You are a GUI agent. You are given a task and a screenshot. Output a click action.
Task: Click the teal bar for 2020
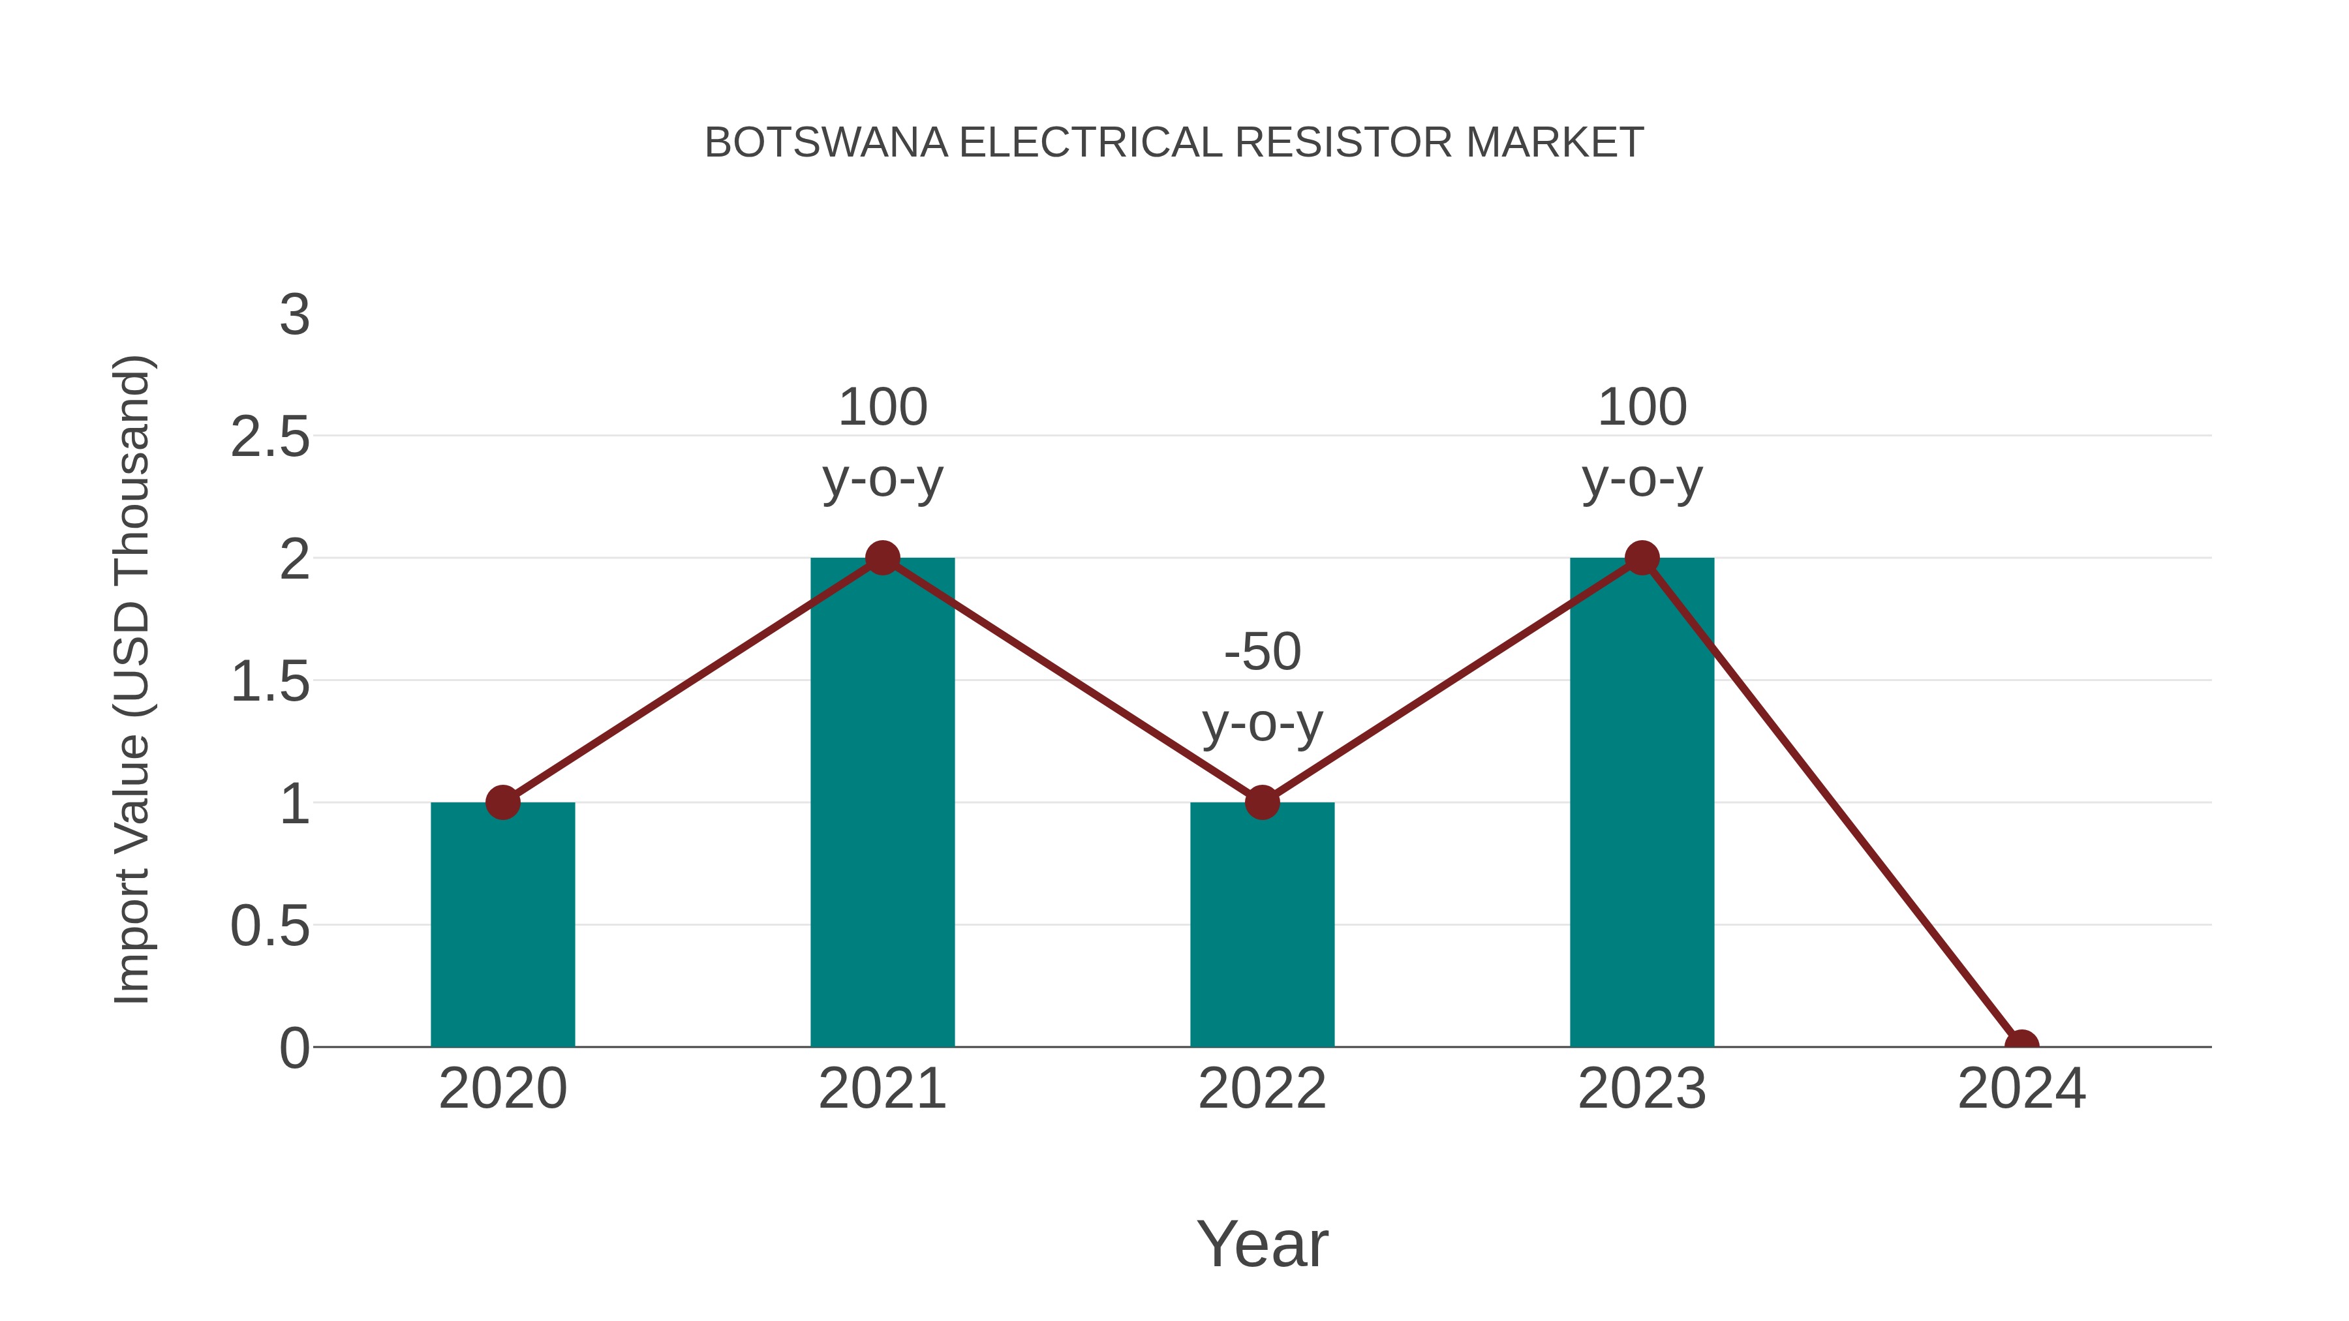coord(502,924)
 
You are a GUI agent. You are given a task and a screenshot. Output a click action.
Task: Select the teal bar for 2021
coord(882,802)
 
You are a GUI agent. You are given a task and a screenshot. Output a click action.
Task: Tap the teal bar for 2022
coord(1262,924)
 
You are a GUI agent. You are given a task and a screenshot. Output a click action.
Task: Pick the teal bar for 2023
coord(1642,802)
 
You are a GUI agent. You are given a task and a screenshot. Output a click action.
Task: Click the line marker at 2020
coord(502,802)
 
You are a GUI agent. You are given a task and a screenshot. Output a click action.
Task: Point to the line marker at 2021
coord(882,558)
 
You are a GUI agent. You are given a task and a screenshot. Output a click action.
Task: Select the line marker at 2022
coord(1262,802)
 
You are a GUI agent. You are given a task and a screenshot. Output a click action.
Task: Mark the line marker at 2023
coord(1642,558)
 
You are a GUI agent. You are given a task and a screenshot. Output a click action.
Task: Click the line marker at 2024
coord(2021,1046)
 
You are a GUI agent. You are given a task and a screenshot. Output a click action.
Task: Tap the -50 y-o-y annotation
coord(1262,688)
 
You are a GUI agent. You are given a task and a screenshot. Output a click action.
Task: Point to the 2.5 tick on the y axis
coord(270,438)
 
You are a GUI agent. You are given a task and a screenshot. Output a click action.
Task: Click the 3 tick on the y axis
coord(294,316)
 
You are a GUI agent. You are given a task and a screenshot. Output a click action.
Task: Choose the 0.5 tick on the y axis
coord(270,926)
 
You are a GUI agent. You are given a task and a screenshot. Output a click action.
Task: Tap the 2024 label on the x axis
coord(2021,1089)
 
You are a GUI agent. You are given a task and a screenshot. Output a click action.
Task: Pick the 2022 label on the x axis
coord(1262,1089)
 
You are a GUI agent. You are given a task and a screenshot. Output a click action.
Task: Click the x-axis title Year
coord(1262,1243)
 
